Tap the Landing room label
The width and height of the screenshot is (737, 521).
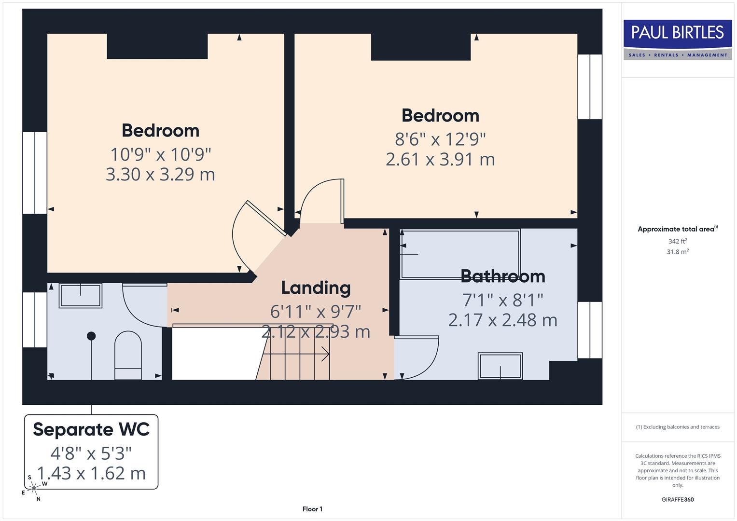click(316, 288)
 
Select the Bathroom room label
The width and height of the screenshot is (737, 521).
click(502, 276)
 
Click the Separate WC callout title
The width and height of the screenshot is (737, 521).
click(91, 429)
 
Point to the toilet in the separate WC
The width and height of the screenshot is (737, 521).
click(128, 355)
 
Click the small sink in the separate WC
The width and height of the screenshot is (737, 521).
click(80, 295)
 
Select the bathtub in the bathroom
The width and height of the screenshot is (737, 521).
click(460, 254)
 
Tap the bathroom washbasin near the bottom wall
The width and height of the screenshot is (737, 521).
click(500, 366)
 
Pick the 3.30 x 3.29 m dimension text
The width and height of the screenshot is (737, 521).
click(160, 174)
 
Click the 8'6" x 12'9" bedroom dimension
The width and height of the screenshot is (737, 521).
click(440, 139)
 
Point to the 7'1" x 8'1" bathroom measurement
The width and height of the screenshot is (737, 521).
click(502, 300)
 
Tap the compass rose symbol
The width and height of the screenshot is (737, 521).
click(34, 488)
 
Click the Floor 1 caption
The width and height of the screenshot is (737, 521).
click(312, 509)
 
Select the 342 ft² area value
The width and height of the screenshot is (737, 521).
click(677, 241)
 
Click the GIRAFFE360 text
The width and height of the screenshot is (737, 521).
click(677, 499)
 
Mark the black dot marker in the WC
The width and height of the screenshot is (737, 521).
click(91, 336)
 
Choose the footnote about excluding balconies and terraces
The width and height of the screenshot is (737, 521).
click(677, 427)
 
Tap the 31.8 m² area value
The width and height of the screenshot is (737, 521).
click(677, 252)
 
